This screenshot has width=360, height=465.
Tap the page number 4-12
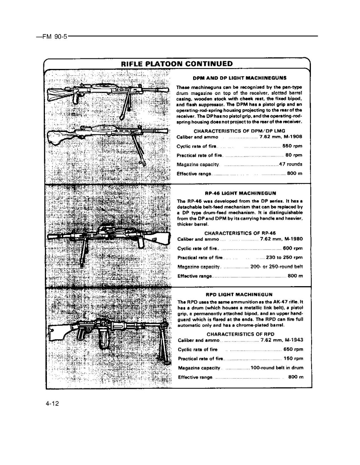[x=52, y=404]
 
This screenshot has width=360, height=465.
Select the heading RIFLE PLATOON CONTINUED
[x=177, y=64]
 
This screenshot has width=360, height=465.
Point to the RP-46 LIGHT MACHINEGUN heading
[x=240, y=193]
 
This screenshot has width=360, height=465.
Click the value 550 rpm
[x=292, y=146]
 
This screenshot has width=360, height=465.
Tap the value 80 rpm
[x=294, y=156]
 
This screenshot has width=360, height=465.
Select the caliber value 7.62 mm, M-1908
[x=281, y=137]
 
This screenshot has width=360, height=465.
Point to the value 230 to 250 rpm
[x=284, y=257]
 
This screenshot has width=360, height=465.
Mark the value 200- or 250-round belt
[x=276, y=267]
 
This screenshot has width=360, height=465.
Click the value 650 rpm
[x=293, y=350]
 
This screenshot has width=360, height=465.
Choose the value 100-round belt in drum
[x=277, y=368]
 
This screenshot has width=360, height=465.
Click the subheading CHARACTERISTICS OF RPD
[x=240, y=334]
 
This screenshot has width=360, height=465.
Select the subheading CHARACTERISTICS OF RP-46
[x=240, y=233]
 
